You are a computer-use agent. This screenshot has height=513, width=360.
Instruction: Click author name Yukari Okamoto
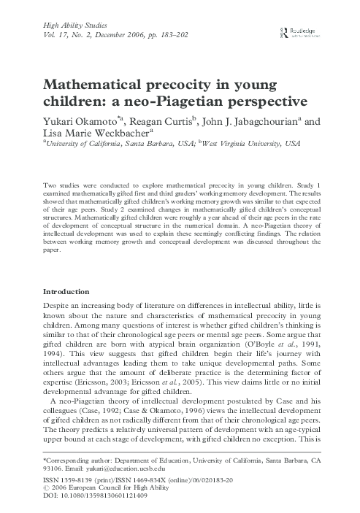(77, 119)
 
